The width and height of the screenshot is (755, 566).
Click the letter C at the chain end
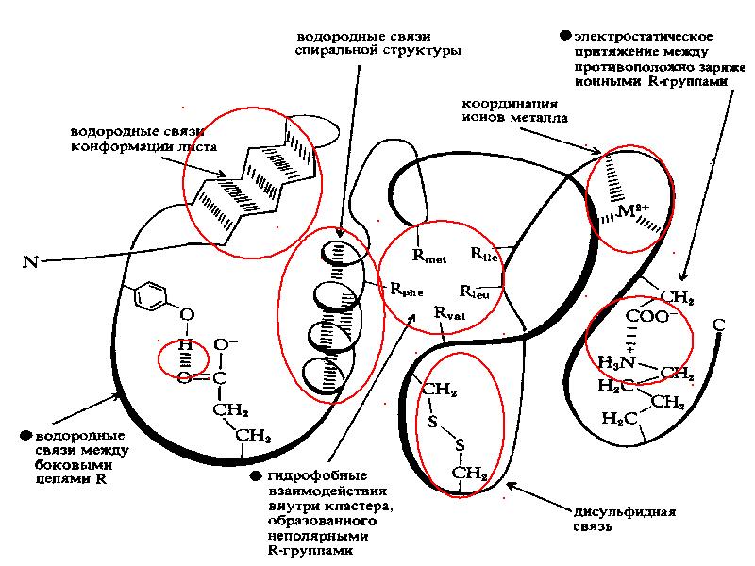pyautogui.click(x=717, y=325)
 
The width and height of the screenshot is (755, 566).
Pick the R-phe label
pyautogui.click(x=406, y=291)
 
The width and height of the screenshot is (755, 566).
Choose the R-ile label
pyautogui.click(x=483, y=255)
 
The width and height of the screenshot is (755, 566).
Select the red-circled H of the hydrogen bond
pyautogui.click(x=186, y=346)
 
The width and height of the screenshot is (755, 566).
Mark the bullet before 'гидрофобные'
pyautogui.click(x=257, y=475)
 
